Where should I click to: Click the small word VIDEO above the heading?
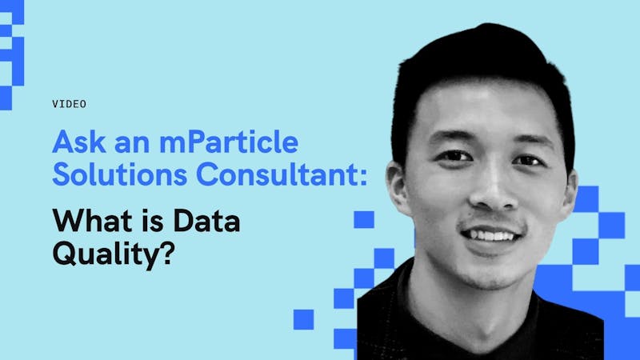pos(69,104)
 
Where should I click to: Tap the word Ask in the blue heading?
pos(79,142)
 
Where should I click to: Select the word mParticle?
pos(229,142)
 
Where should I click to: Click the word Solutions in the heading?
pos(120,174)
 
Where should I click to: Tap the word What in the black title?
pos(90,221)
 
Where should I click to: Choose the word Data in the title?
pos(206,221)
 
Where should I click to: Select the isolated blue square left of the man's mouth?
pos(364,219)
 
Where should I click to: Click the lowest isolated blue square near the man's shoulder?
pos(304,319)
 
